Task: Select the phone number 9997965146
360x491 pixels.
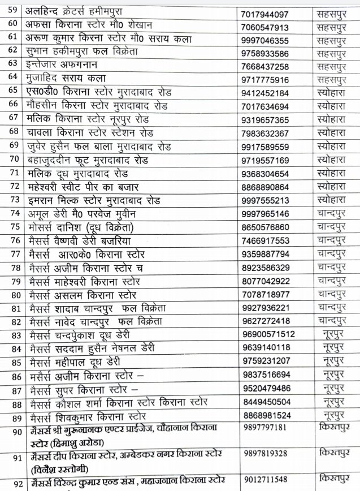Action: tap(264, 214)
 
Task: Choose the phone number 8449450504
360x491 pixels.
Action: tap(264, 402)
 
